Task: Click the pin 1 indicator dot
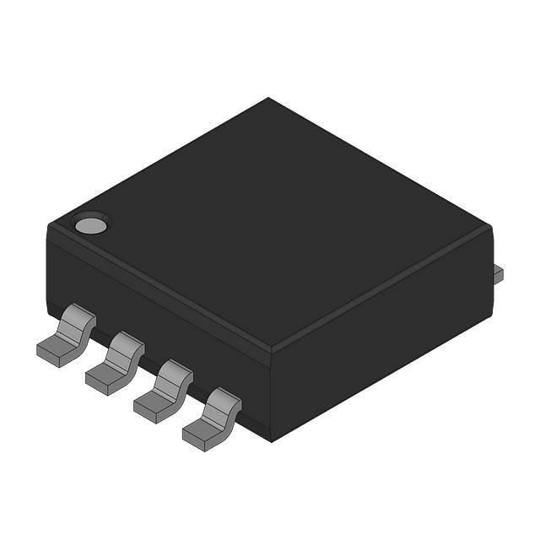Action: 90,225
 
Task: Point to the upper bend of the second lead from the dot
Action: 126,344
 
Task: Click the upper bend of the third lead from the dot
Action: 175,372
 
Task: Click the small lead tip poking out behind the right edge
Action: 498,272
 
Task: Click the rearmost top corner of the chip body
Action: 268,99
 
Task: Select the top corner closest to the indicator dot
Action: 47,224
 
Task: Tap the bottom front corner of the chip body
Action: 270,439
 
